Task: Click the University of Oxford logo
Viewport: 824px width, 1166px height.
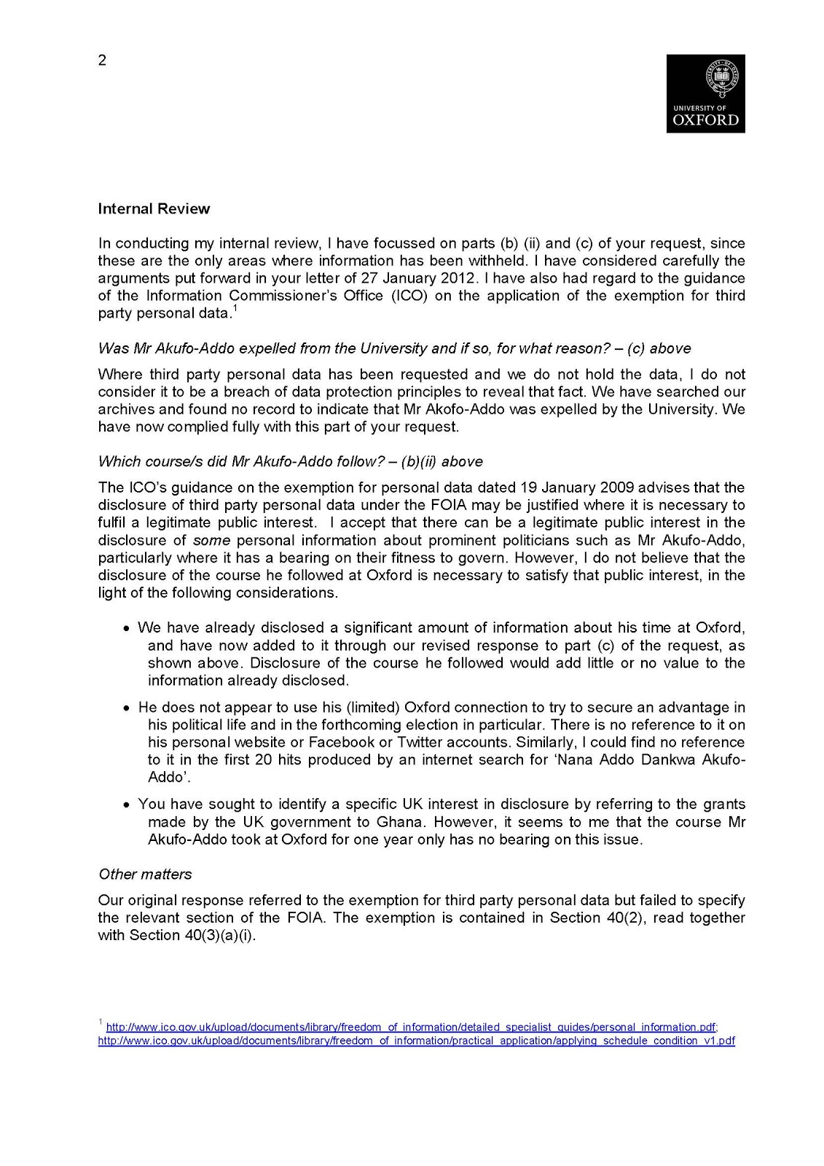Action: pos(705,93)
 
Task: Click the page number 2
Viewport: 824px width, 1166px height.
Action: pos(102,60)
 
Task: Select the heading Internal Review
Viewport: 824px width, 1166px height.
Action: pos(154,209)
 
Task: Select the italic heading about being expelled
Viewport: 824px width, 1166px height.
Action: pos(394,348)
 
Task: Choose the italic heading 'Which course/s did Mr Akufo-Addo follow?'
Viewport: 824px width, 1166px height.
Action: pos(291,462)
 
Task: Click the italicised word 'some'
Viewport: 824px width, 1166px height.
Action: pos(211,541)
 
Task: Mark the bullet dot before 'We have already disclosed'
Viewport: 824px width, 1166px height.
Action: pos(127,629)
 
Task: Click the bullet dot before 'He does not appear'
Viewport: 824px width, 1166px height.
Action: pos(127,708)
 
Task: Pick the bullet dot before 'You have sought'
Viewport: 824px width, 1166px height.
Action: pos(127,805)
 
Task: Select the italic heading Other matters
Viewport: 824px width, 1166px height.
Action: pos(145,874)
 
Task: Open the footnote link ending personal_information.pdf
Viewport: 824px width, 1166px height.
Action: pos(412,1028)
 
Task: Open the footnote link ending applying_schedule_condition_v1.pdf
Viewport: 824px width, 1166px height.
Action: pos(416,1041)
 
